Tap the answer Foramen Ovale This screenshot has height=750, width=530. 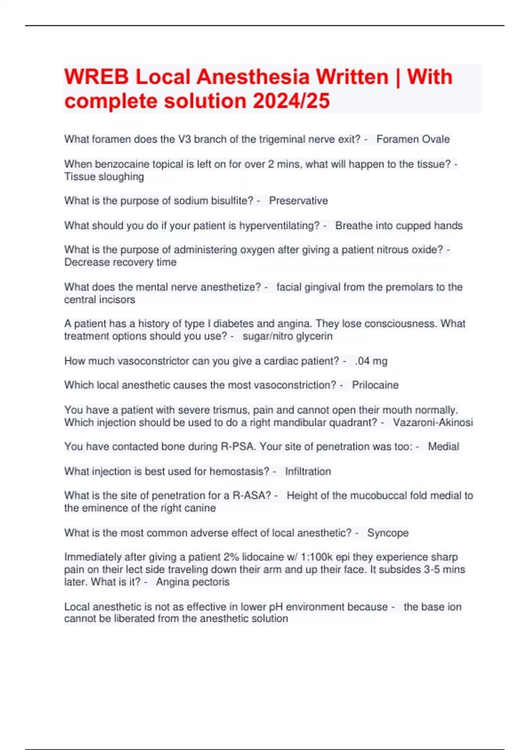[x=413, y=139]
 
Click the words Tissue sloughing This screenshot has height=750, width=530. [x=104, y=177]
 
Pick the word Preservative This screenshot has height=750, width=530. [x=298, y=201]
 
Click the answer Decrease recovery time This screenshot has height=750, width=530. [x=120, y=262]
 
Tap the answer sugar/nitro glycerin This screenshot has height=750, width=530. [x=288, y=336]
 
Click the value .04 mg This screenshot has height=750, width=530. [x=371, y=361]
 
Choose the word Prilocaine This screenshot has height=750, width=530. [x=375, y=385]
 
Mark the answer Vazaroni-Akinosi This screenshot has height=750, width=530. [x=433, y=423]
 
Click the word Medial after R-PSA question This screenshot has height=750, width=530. [x=443, y=446]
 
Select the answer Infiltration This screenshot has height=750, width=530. [x=308, y=472]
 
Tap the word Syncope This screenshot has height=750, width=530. [x=388, y=533]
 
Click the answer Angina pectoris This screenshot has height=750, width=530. [x=193, y=582]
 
